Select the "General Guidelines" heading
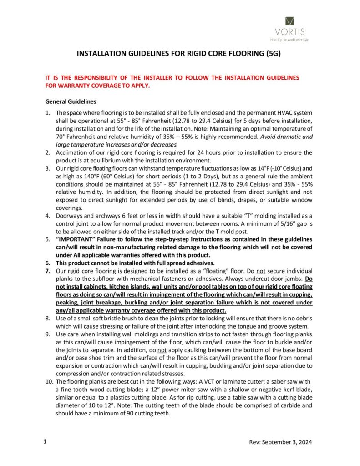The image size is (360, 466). (70, 101)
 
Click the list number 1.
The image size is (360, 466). (48, 112)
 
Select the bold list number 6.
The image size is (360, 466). (48, 263)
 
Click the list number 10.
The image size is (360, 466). (50, 380)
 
